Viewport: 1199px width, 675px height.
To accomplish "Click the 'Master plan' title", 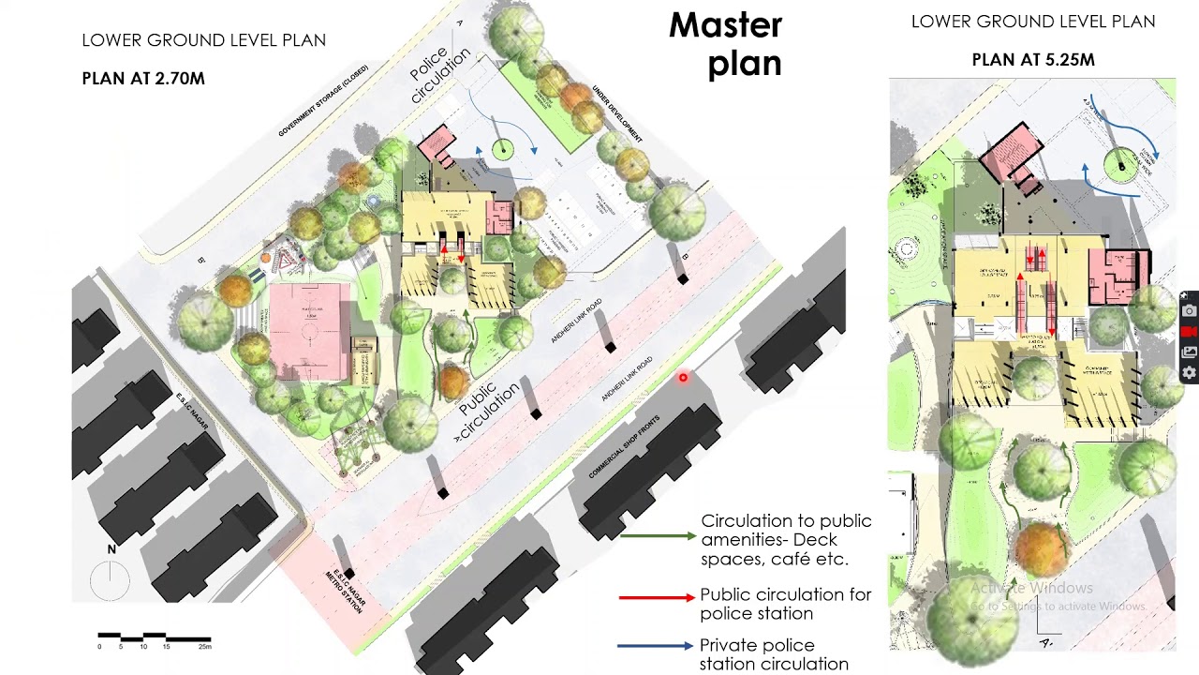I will pyautogui.click(x=725, y=44).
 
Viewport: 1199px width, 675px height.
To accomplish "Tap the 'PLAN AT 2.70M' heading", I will pyautogui.click(x=143, y=79).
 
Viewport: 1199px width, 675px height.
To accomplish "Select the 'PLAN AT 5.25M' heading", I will pyautogui.click(x=1033, y=60).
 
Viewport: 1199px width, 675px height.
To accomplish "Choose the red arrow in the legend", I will pyautogui.click(x=656, y=596).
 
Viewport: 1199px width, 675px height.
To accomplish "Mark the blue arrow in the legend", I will pyautogui.click(x=655, y=646).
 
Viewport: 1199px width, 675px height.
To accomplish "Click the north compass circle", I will pyautogui.click(x=111, y=580).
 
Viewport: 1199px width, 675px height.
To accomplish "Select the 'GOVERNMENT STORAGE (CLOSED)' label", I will pyautogui.click(x=323, y=101).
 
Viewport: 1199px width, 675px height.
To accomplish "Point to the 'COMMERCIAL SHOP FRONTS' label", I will pyautogui.click(x=624, y=447).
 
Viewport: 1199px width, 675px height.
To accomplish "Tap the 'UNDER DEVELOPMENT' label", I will pyautogui.click(x=616, y=114).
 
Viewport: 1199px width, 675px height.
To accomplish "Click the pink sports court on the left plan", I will pyautogui.click(x=309, y=330).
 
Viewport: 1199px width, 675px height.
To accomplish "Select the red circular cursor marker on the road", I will pyautogui.click(x=683, y=378).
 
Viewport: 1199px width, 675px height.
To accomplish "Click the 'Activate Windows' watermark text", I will pyautogui.click(x=1031, y=588).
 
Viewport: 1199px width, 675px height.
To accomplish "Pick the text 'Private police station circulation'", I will pyautogui.click(x=774, y=654).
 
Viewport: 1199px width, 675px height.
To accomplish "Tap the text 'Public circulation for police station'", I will pyautogui.click(x=785, y=604).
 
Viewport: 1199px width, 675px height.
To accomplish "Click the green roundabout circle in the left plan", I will pyautogui.click(x=503, y=148).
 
